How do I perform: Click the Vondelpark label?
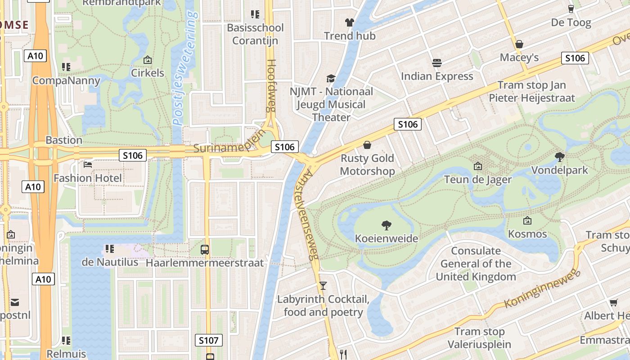(559, 170)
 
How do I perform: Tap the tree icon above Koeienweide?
(386, 225)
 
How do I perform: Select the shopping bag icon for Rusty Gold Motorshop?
(367, 145)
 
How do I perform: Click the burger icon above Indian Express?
(436, 63)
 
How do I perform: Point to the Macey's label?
(519, 58)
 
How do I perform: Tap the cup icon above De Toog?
(571, 9)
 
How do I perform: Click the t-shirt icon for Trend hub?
(349, 22)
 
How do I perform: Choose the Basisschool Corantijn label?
(255, 34)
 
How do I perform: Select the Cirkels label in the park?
(147, 72)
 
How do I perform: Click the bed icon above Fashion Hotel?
(88, 165)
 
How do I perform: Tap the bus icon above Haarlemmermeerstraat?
(205, 249)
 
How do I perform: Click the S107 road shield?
(208, 340)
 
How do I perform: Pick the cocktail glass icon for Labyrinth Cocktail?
(323, 285)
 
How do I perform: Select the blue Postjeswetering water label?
(185, 67)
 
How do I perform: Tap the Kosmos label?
(527, 234)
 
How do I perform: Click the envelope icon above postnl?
(15, 302)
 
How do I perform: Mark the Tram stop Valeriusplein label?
(479, 338)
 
